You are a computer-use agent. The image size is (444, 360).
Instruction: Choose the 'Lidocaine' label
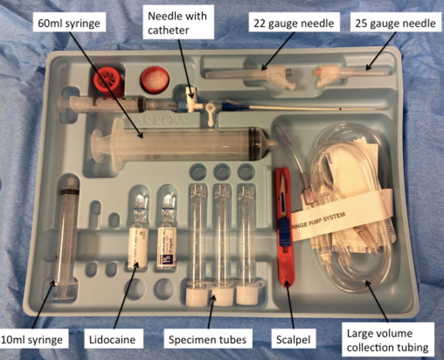tap(115, 340)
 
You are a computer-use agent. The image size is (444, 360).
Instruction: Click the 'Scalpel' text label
tap(290, 340)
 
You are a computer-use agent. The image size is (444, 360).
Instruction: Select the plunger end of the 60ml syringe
tap(97, 146)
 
